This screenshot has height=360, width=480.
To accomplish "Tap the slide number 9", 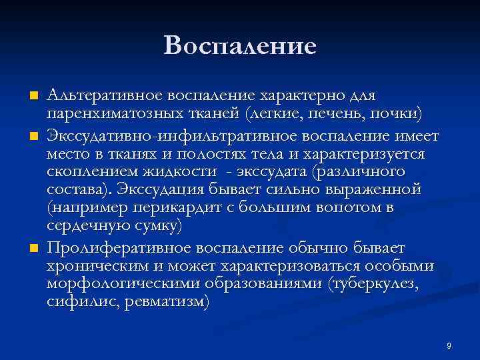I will coord(449,345).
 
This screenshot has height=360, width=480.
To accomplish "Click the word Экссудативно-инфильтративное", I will coord(150,137).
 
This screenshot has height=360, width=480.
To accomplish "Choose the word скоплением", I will coord(89,173).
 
